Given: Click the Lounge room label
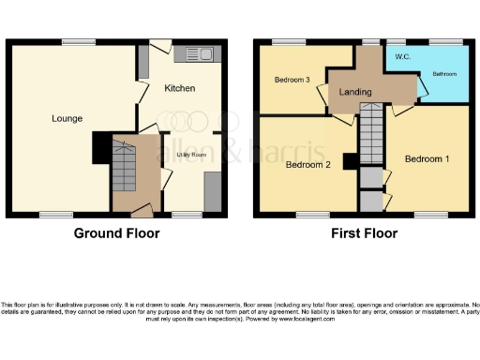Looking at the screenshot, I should [67, 119].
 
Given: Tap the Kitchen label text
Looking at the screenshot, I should [180, 88].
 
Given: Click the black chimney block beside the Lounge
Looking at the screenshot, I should [100, 148].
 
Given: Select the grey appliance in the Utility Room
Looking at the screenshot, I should [212, 190].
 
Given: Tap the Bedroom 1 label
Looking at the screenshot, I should [427, 158].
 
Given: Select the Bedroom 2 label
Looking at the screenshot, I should [308, 165].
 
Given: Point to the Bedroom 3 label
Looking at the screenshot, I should [292, 80].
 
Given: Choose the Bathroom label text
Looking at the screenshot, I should [444, 72].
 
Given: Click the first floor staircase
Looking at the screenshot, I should [372, 130].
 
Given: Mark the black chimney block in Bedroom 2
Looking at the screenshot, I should [349, 161].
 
